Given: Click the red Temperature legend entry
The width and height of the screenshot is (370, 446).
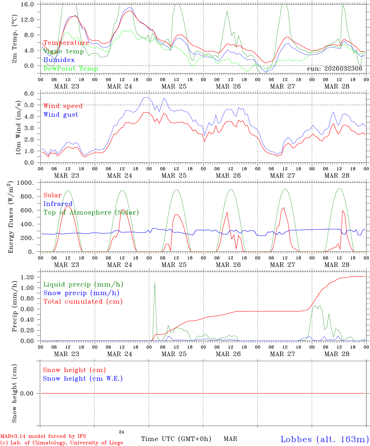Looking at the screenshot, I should pos(66,43).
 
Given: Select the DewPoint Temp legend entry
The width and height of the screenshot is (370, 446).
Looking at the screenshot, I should pos(71,68).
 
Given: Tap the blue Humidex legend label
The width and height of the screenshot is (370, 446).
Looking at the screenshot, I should pos(59,60).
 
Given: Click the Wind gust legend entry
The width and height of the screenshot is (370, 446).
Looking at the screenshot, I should pos(61,115).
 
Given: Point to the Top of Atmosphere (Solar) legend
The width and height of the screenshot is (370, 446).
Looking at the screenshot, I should pos(91,212).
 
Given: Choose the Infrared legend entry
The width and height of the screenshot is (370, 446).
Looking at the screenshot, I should pos(58,204).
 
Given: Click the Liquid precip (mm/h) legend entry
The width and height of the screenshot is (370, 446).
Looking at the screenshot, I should pos(83,284).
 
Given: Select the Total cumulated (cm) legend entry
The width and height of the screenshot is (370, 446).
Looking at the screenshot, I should pos(83,301).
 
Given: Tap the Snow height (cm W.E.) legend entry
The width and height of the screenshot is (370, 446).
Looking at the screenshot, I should pos(83,378).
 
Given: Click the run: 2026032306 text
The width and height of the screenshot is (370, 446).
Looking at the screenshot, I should pos(334,69).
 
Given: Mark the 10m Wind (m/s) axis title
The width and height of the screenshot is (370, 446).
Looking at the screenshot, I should pos(18,128).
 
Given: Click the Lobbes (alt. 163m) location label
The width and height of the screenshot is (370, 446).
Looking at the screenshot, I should pos(324,439).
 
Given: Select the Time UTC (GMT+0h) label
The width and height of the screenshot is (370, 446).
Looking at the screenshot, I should pos(176,439).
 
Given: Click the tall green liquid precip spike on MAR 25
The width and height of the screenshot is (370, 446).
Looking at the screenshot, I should pos(155,283).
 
